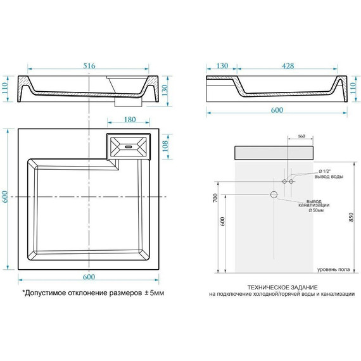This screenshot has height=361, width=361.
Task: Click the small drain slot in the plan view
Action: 129,148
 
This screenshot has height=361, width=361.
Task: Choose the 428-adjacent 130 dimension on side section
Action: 222,65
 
